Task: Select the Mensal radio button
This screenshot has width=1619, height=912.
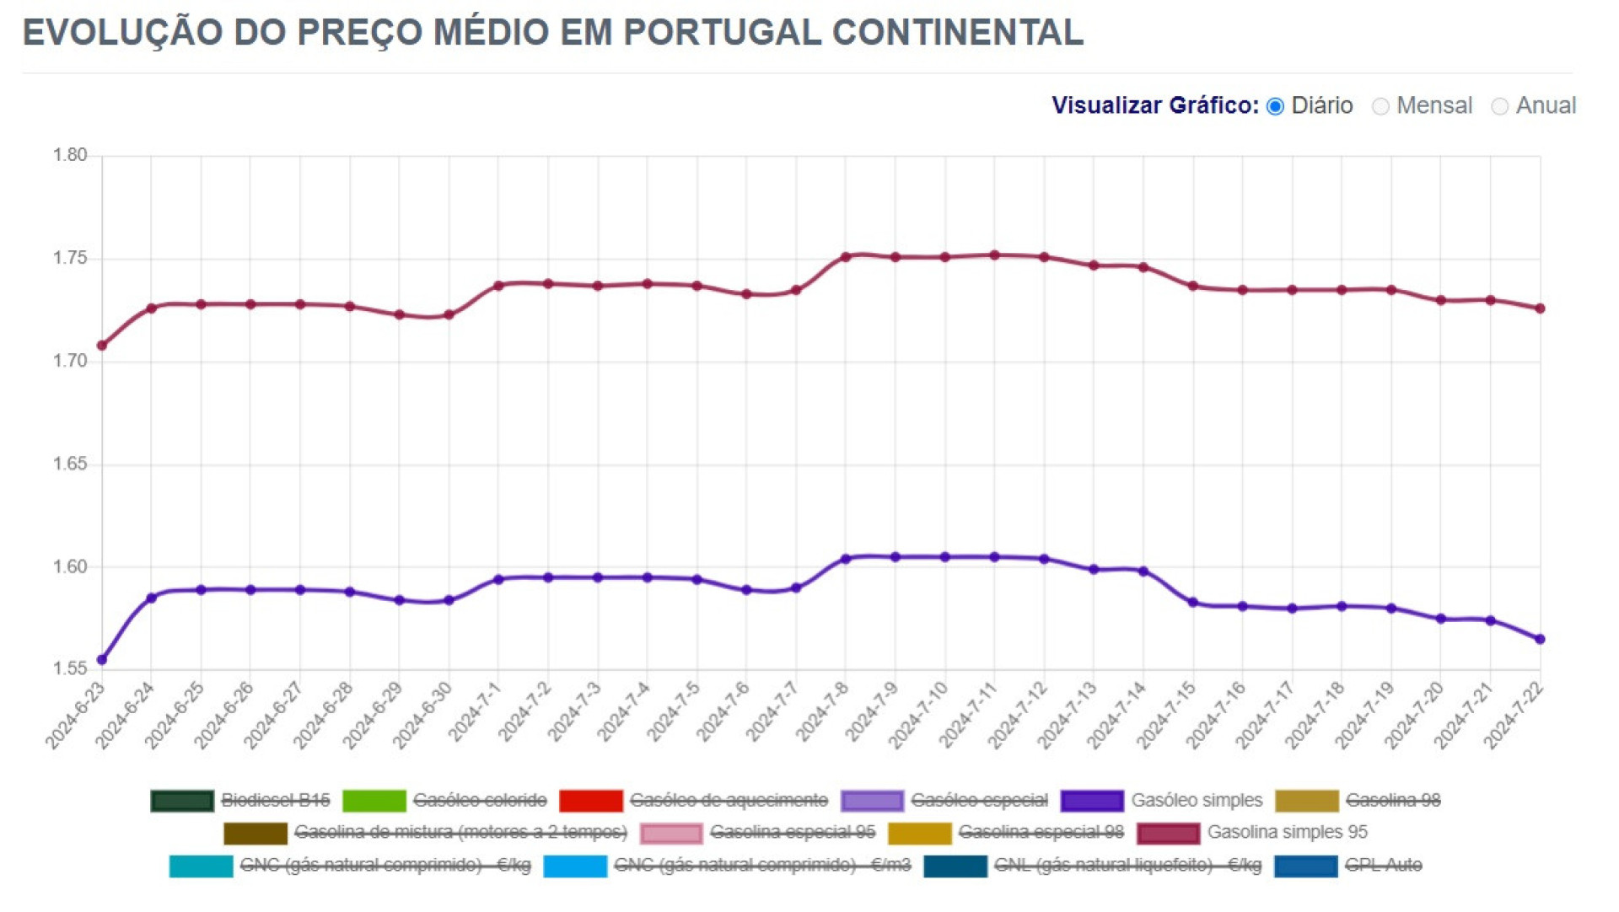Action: [x=1380, y=106]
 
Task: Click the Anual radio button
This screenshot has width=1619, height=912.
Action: [x=1499, y=106]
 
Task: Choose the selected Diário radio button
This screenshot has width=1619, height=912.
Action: [x=1275, y=106]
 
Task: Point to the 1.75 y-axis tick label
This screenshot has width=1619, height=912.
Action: [x=70, y=258]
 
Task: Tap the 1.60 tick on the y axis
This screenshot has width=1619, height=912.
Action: [x=70, y=566]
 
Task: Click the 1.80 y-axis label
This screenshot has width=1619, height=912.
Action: [x=70, y=155]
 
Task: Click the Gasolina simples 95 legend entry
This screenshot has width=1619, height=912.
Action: [x=1287, y=832]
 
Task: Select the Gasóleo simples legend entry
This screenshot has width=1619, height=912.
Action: [x=1196, y=800]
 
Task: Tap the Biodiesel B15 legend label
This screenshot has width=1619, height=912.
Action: [x=275, y=800]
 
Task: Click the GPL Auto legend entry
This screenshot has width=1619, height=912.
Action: [x=1383, y=865]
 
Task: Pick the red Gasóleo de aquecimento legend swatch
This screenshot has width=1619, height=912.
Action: [x=590, y=800]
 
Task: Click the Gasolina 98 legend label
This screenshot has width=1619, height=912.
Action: [x=1393, y=800]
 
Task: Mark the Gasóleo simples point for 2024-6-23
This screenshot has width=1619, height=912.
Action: [x=102, y=659]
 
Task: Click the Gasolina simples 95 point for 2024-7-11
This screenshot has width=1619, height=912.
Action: [x=995, y=255]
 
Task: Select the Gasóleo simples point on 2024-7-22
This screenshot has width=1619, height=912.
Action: [x=1541, y=639]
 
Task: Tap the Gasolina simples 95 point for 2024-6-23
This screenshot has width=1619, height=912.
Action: [x=102, y=346]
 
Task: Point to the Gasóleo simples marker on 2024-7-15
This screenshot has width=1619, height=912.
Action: [x=1193, y=603]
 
